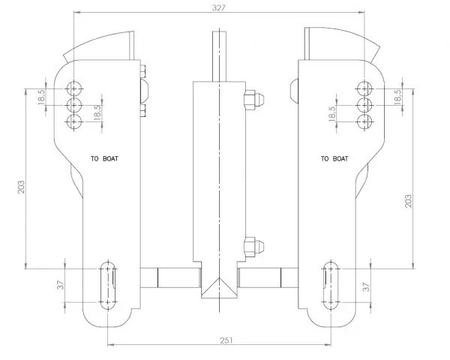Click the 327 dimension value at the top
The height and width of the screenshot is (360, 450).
[x=219, y=7]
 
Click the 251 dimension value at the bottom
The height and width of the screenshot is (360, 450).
[x=226, y=340]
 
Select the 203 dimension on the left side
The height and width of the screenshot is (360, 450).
[x=22, y=187]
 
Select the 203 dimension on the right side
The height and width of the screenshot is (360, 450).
[x=408, y=201]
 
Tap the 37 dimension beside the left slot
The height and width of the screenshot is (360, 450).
[x=61, y=285]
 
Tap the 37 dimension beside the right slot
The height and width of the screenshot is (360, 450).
[x=367, y=287]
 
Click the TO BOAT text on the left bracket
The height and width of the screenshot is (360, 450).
[x=104, y=158]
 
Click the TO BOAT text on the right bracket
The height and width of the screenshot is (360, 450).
[x=334, y=158]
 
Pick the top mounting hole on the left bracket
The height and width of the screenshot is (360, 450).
[x=74, y=88]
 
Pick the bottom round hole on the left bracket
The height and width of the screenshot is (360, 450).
[x=74, y=122]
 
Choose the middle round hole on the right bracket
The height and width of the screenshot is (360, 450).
[x=364, y=105]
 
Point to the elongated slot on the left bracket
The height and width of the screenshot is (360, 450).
[x=107, y=285]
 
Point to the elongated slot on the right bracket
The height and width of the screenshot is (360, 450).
[x=331, y=285]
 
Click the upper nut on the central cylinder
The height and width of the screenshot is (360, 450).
[x=254, y=100]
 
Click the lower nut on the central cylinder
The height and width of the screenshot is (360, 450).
[x=254, y=247]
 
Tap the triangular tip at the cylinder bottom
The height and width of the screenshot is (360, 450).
[x=219, y=288]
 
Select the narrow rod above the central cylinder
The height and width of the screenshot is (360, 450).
[x=219, y=56]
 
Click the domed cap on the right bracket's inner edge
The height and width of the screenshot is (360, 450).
[x=294, y=89]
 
